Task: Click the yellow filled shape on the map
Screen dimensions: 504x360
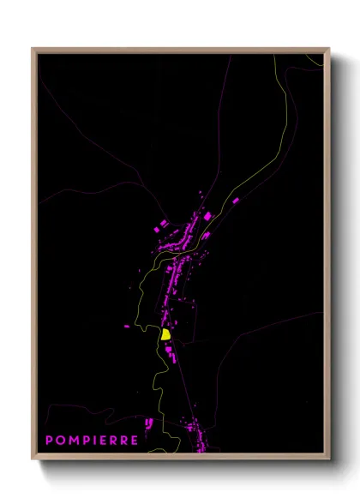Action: [x=165, y=334]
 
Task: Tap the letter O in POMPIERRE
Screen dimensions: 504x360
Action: [x=61, y=441]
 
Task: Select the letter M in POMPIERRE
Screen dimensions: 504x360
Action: [x=74, y=441]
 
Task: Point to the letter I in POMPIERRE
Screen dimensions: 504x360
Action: [x=96, y=441]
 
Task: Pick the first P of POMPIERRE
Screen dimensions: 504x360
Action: [x=50, y=441]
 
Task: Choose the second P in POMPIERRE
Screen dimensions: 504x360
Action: [x=87, y=441]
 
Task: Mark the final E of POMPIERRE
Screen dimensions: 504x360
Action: [x=135, y=441]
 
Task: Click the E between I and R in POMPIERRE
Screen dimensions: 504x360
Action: [x=105, y=441]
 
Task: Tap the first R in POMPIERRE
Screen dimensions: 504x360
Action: [x=115, y=441]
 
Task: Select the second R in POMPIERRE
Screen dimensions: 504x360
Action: [x=125, y=441]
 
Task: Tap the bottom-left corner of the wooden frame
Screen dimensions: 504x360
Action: [x=33, y=460]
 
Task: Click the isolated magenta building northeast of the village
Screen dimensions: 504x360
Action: [x=236, y=201]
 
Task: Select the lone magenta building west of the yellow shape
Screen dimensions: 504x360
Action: [x=127, y=327]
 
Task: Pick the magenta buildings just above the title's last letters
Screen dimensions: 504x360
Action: [x=151, y=423]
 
